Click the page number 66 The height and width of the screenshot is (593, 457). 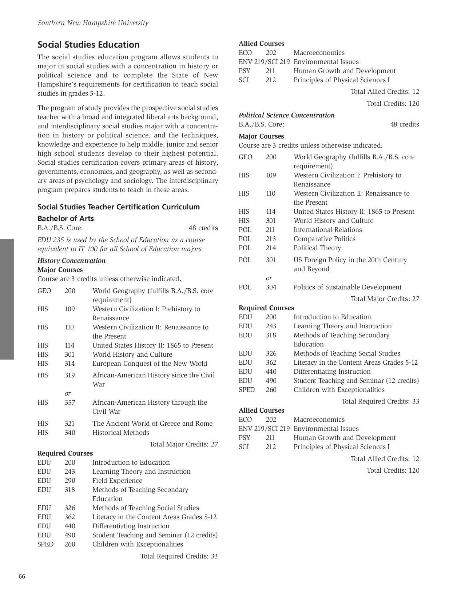pos(22,576)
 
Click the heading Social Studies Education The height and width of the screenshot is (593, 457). pos(88,45)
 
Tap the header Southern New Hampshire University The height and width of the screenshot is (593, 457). pos(93,23)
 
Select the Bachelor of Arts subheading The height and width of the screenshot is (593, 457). pos(65,219)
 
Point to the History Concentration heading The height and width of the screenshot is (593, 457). pos(71,261)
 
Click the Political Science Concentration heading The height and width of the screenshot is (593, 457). pos(286,115)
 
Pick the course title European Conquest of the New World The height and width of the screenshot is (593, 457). pos(150,364)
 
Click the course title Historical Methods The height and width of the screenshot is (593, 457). pos(120,433)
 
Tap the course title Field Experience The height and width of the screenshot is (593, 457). pos(117,481)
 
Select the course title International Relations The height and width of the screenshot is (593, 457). pos(327,230)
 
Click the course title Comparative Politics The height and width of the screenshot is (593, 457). pos(324,239)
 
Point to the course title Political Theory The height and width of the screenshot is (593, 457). pos(317,248)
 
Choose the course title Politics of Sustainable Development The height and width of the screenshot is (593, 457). pos(347,287)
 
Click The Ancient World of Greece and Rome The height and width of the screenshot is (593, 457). pos(152,424)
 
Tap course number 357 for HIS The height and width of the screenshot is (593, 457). pos(70,402)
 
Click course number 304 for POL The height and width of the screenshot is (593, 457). pos(271,287)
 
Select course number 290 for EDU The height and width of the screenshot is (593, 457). pos(70,481)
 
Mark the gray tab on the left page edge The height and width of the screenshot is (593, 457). pos(7,299)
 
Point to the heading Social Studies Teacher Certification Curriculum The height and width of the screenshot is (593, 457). pos(119,207)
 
